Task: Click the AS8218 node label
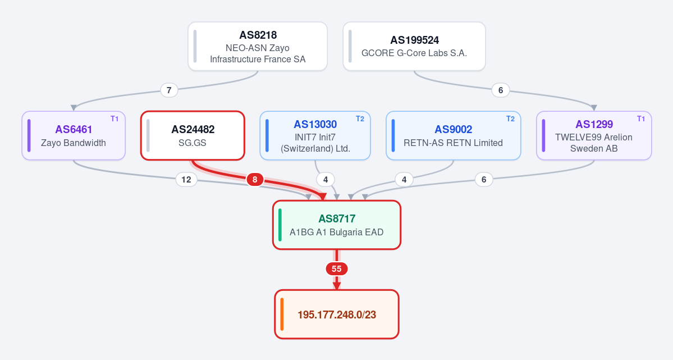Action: pos(258,35)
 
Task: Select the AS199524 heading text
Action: pos(415,40)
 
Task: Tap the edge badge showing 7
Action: pos(169,90)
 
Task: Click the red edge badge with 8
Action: pos(254,179)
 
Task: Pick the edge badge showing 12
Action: pos(186,179)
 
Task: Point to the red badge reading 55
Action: pos(337,269)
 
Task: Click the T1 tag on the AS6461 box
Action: pos(115,119)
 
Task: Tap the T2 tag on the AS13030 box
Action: pos(360,119)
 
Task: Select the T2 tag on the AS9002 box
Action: pos(510,119)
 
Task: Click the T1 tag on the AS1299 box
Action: pos(641,119)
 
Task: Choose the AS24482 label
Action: pos(193,129)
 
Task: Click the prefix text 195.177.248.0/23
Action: pos(337,315)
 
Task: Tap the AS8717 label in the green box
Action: pos(337,218)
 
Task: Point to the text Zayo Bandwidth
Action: pos(74,143)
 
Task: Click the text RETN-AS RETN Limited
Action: pos(453,143)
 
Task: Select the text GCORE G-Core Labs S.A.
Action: pos(414,53)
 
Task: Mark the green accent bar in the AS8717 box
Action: pos(280,225)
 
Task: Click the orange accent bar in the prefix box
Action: pos(282,315)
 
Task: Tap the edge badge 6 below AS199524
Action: pos(501,90)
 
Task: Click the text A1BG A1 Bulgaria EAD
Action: pos(337,233)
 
